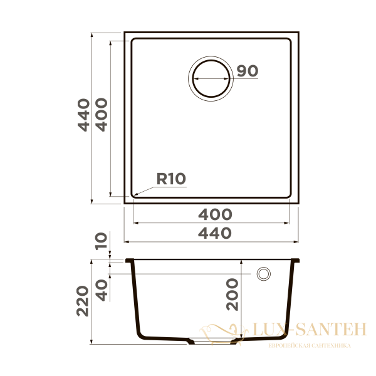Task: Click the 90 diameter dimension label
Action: point(248,71)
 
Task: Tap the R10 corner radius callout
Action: point(171,179)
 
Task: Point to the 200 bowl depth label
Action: point(232,295)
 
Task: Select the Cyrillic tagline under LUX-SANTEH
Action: point(309,345)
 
